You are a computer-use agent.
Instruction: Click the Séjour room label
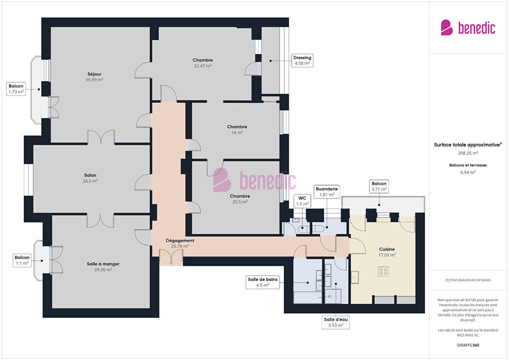pyautogui.click(x=94, y=74)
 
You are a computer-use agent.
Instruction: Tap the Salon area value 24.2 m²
pyautogui.click(x=90, y=181)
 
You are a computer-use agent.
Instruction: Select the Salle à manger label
pyautogui.click(x=103, y=264)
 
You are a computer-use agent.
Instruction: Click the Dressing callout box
pyautogui.click(x=302, y=60)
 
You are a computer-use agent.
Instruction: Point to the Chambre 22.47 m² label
pyautogui.click(x=203, y=63)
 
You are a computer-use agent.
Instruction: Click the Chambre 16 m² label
pyautogui.click(x=237, y=129)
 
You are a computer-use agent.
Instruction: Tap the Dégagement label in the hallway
pyautogui.click(x=180, y=241)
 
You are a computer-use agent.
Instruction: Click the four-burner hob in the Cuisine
pyautogui.click(x=383, y=271)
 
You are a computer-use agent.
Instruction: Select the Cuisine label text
pyautogui.click(x=387, y=249)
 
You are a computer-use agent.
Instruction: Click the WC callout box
pyautogui.click(x=302, y=201)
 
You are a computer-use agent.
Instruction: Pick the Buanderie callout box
pyautogui.click(x=327, y=192)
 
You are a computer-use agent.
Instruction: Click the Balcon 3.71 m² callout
pyautogui.click(x=379, y=187)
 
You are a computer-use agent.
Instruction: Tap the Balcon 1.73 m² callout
pyautogui.click(x=16, y=89)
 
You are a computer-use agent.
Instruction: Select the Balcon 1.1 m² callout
pyautogui.click(x=22, y=261)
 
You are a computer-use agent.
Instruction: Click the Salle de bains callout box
pyautogui.click(x=263, y=282)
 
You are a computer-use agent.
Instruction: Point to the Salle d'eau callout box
pyautogui.click(x=336, y=322)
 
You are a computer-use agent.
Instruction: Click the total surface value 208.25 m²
pyautogui.click(x=468, y=153)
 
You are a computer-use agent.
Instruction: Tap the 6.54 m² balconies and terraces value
pyautogui.click(x=468, y=172)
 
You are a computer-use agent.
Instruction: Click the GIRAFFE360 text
pyautogui.click(x=468, y=345)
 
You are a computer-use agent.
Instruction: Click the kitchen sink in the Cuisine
pyautogui.click(x=355, y=277)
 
